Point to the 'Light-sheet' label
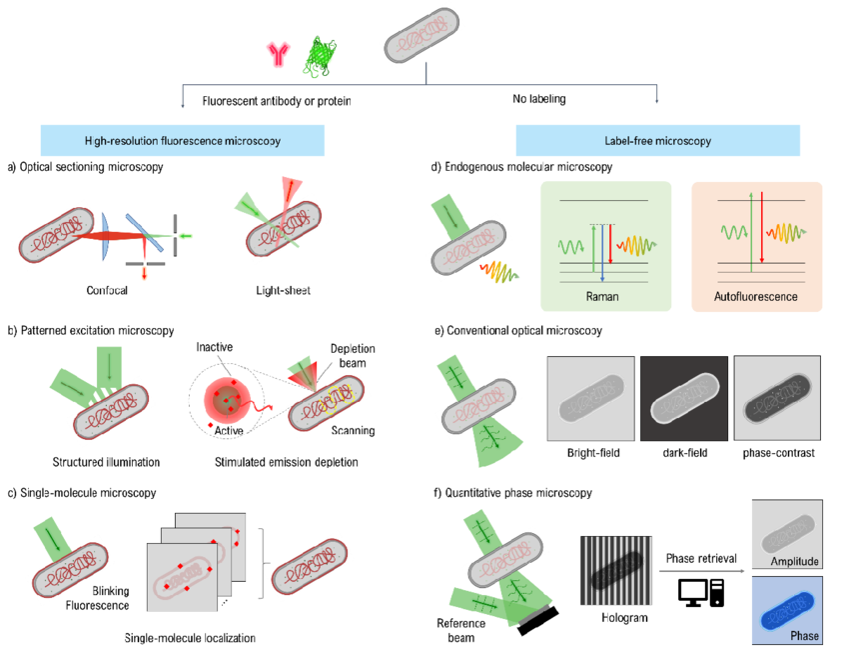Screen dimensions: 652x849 coord(283,291)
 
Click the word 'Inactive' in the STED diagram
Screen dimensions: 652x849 coord(214,348)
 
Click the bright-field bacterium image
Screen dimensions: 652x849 coord(590,401)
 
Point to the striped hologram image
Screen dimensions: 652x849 coord(614,563)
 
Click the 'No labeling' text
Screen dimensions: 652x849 coord(538,100)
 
